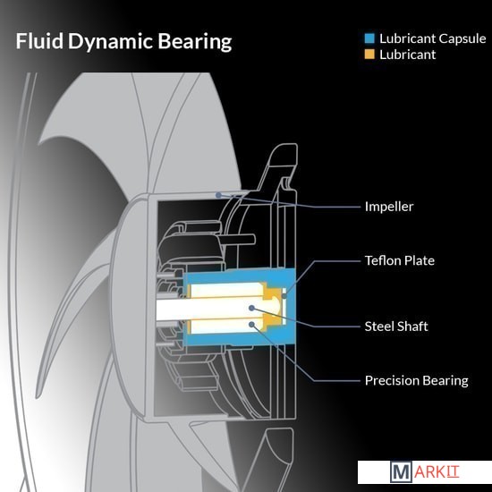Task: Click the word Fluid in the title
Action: [39, 41]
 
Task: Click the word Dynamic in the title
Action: [110, 42]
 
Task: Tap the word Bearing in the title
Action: [194, 42]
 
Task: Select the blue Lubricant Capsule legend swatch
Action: [369, 38]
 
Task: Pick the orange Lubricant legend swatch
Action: [369, 55]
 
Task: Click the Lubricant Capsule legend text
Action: [433, 38]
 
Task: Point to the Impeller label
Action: [389, 207]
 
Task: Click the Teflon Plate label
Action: [400, 260]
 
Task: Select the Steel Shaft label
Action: [396, 327]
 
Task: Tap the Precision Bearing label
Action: [416, 380]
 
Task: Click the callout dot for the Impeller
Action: [218, 195]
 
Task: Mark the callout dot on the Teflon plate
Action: [284, 296]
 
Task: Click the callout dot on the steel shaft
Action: [251, 308]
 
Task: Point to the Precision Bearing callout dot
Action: [251, 324]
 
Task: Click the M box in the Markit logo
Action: [401, 471]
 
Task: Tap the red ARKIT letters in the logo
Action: [437, 472]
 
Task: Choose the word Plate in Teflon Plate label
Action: [420, 260]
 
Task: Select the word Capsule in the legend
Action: [462, 39]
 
